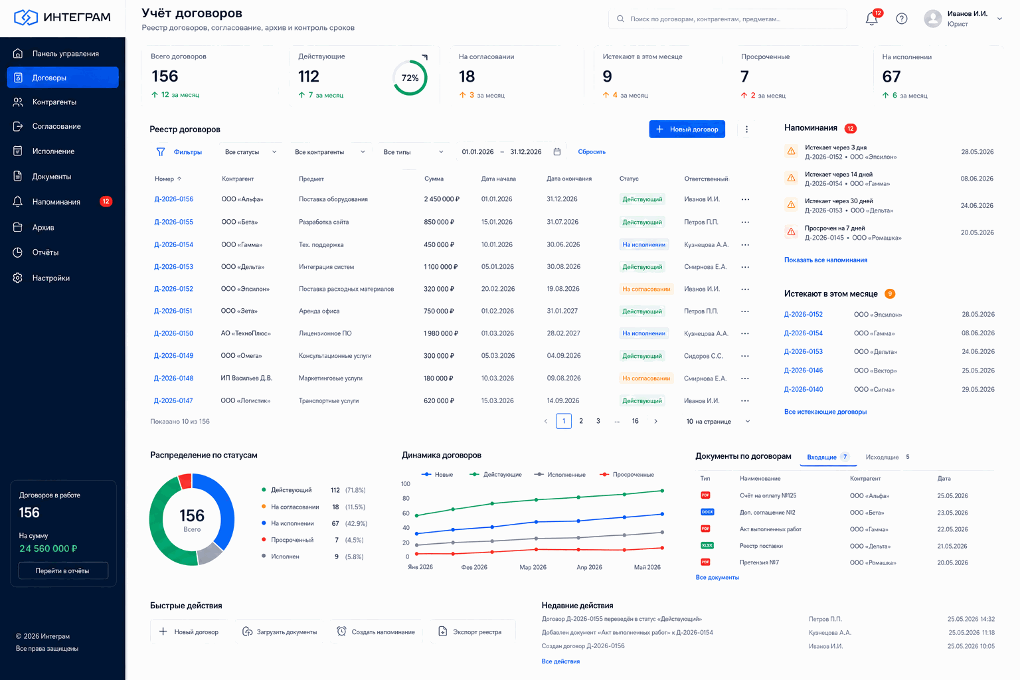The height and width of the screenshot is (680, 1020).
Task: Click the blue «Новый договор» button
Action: point(687,129)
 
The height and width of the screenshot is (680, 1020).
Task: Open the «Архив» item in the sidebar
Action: point(43,227)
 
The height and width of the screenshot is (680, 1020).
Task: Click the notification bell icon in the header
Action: point(871,19)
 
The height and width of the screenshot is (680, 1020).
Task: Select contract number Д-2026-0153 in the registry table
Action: point(173,267)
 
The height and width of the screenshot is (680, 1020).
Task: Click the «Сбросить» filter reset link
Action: point(592,151)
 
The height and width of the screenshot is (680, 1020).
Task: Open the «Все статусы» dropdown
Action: point(250,152)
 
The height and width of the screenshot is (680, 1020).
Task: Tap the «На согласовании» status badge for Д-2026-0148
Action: point(646,379)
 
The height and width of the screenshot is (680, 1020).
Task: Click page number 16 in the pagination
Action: point(636,421)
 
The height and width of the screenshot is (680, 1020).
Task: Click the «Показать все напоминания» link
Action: point(825,260)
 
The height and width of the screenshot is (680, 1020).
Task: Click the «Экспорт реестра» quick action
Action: point(470,632)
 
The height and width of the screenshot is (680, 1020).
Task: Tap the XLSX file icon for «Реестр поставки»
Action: point(707,546)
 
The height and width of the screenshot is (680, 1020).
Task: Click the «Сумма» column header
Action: point(434,179)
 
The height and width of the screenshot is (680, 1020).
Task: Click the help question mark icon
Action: point(902,19)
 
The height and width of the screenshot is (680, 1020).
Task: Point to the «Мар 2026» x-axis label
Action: point(533,568)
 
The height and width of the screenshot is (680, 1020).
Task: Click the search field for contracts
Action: point(727,19)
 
